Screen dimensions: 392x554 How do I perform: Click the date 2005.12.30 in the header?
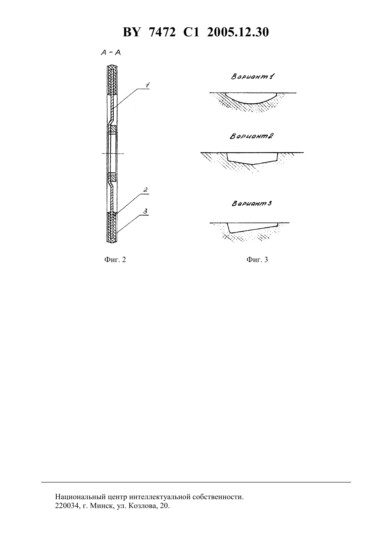[238, 32]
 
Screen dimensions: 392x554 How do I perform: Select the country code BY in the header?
[132, 32]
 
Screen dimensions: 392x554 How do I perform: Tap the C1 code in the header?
[191, 32]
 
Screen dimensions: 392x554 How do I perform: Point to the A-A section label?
[111, 53]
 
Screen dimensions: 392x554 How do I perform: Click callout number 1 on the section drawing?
[147, 85]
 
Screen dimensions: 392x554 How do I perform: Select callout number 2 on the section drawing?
[145, 190]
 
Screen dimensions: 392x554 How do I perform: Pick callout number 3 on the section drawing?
[145, 211]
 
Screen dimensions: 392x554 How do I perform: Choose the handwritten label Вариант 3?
[252, 204]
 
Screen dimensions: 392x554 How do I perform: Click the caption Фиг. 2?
[115, 260]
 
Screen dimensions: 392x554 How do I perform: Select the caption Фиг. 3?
[257, 260]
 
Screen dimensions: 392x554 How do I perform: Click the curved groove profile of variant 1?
[252, 103]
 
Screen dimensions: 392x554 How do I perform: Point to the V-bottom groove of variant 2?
[252, 164]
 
